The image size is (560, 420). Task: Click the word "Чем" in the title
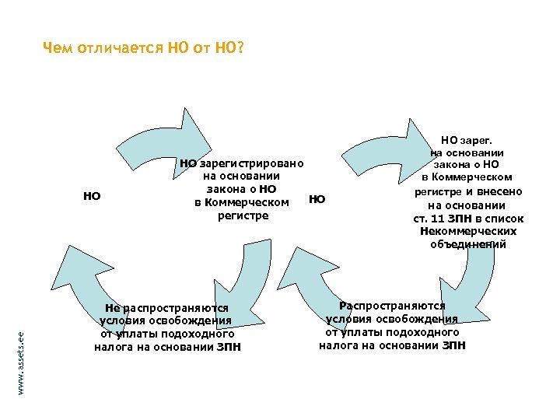pos(57,49)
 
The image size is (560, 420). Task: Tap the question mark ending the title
pos(240,49)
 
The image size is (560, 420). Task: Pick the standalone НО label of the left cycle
pos(92,196)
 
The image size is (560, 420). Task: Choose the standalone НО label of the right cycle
pos(317,199)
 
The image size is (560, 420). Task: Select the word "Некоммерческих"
pos(467,231)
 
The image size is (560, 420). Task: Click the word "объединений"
pos(467,243)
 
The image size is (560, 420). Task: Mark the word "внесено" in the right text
pos(499,191)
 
